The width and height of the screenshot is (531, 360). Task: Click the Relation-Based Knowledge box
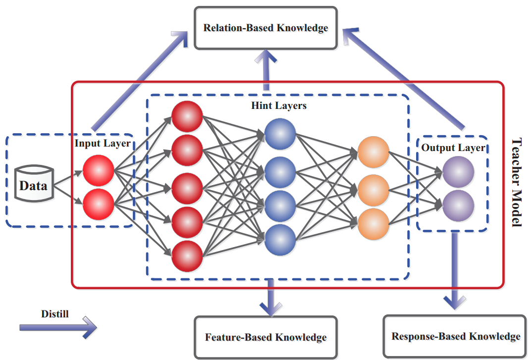266,28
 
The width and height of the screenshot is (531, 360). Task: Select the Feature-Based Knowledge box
266,337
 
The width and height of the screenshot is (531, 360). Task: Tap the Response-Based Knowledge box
456,336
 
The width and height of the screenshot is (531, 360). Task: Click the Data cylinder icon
34,184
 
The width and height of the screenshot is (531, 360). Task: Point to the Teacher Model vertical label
517,182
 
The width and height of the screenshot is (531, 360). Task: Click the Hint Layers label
279,105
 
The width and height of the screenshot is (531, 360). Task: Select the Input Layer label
103,143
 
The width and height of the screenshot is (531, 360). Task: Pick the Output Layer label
453,148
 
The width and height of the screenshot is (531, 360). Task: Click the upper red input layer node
99,171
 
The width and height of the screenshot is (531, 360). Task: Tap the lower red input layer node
99,205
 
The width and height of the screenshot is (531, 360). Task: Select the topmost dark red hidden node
187,116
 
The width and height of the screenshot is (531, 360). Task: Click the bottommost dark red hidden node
187,256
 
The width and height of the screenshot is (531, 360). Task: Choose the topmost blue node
280,134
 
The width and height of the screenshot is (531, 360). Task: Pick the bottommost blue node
280,240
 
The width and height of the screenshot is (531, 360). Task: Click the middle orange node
373,190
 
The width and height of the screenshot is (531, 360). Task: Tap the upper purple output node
458,172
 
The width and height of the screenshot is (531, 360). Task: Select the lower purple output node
458,206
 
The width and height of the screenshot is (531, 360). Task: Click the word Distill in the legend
55,314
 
